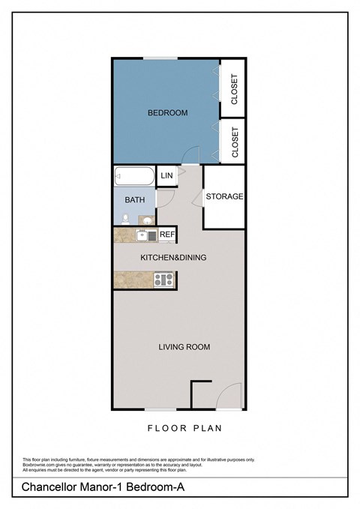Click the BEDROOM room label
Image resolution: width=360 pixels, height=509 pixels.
(167, 113)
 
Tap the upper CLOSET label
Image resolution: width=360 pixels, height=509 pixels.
(235, 88)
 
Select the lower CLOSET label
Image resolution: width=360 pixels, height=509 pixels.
(235, 142)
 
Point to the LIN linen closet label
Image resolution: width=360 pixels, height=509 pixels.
(166, 175)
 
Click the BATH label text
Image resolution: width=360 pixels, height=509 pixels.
(135, 200)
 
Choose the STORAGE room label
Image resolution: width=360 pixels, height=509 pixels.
(225, 196)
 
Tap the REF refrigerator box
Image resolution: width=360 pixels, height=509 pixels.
(167, 235)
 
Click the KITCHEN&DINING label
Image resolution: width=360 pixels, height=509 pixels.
(173, 257)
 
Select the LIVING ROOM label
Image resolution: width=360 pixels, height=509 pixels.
(184, 346)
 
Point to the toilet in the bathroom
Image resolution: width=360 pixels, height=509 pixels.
(124, 219)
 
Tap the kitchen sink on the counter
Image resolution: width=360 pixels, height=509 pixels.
(143, 235)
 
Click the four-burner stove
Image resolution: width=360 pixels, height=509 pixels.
(163, 280)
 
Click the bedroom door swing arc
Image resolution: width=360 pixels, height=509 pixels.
(193, 155)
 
